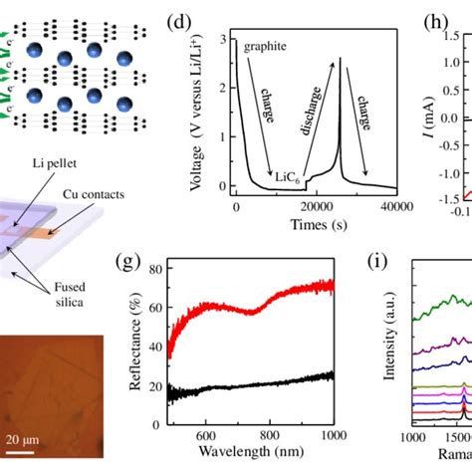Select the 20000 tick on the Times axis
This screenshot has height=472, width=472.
tap(317, 206)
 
